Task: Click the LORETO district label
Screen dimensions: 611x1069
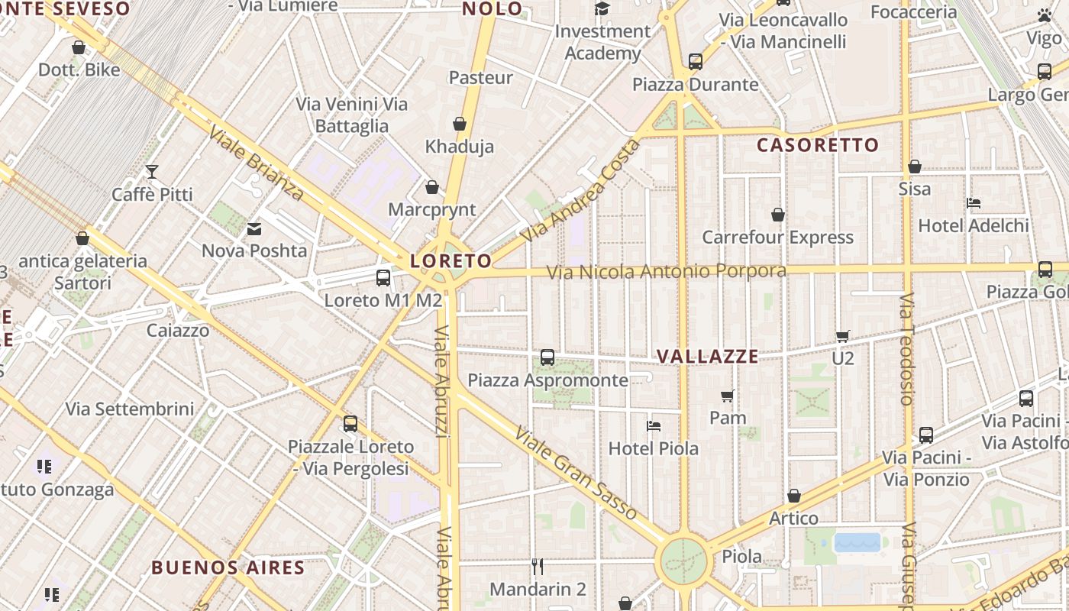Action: pyautogui.click(x=451, y=261)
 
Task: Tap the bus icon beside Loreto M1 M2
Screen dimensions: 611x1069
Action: pyautogui.click(x=383, y=278)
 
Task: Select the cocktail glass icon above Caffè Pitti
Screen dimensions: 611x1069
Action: pyautogui.click(x=152, y=172)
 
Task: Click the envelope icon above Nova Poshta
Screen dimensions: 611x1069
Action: pyautogui.click(x=254, y=228)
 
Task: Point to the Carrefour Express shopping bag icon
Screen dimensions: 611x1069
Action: pyautogui.click(x=778, y=215)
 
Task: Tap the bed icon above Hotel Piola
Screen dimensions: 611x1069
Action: pyautogui.click(x=653, y=426)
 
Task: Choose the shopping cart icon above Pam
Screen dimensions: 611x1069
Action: pyautogui.click(x=728, y=396)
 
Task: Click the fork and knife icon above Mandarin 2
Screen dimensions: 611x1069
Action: pyautogui.click(x=538, y=566)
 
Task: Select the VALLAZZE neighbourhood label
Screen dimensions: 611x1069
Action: pyautogui.click(x=708, y=357)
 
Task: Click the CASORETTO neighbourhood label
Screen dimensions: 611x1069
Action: pyautogui.click(x=818, y=145)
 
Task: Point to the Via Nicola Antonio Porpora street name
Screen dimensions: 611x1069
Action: pyautogui.click(x=667, y=272)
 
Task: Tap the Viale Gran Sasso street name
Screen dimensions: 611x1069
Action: pyautogui.click(x=576, y=474)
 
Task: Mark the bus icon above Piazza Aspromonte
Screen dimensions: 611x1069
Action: pyautogui.click(x=547, y=357)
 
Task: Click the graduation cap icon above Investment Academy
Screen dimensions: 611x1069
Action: pyautogui.click(x=602, y=9)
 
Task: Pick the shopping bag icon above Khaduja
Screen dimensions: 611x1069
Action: pyautogui.click(x=460, y=124)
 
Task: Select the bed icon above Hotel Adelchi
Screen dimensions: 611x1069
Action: pyautogui.click(x=973, y=203)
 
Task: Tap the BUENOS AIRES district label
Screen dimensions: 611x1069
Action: pyautogui.click(x=228, y=568)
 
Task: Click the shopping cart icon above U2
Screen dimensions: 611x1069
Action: pyautogui.click(x=843, y=336)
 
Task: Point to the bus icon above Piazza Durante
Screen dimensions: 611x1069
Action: pyautogui.click(x=695, y=62)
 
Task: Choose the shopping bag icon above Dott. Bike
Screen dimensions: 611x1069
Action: pyautogui.click(x=79, y=48)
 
